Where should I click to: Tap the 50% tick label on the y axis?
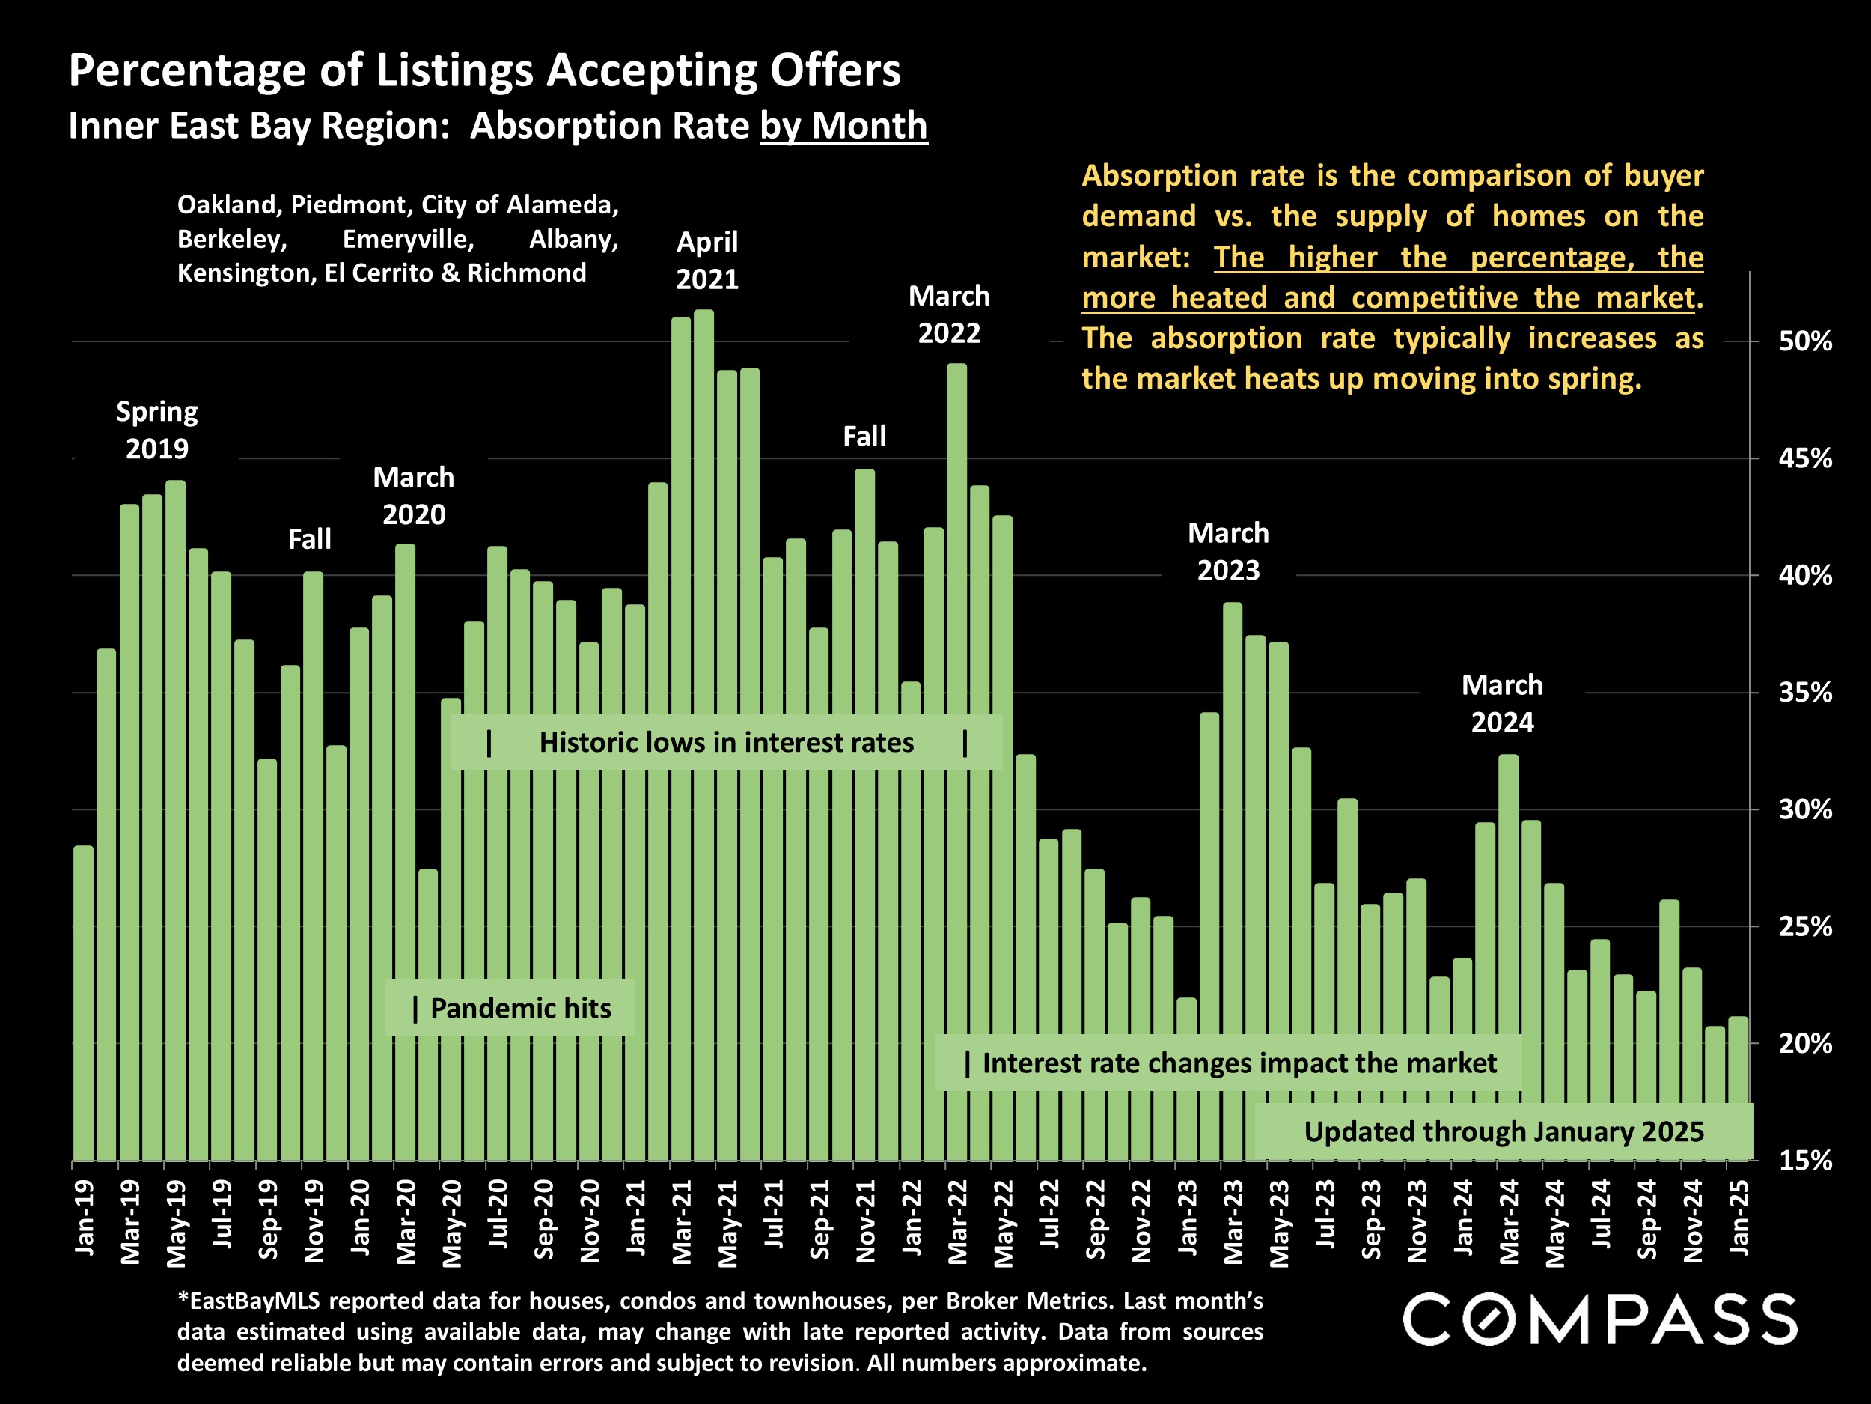tap(1804, 342)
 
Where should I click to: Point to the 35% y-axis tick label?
tap(1804, 693)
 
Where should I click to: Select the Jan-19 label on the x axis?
tap(85, 1218)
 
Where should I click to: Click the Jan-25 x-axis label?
tap(1739, 1218)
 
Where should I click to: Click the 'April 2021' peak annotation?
tap(707, 261)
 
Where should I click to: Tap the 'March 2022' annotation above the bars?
tap(948, 314)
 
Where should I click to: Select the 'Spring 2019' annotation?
tap(157, 430)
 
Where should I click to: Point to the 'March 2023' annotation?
tap(1228, 552)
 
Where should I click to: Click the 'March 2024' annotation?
tap(1502, 703)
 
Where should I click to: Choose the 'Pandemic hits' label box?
tap(510, 1008)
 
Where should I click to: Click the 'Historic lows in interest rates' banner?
tap(726, 742)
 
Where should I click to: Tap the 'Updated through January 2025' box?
tap(1502, 1131)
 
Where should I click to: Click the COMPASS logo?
tap(1599, 1319)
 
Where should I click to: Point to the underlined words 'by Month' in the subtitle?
tap(843, 126)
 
